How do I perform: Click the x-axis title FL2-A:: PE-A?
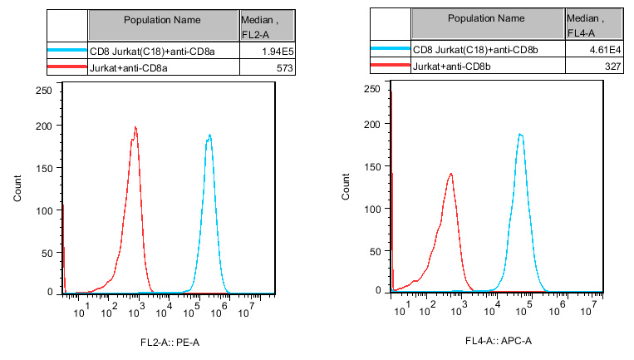(170, 343)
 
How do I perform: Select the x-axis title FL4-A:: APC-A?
(498, 341)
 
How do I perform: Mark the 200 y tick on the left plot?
(46, 126)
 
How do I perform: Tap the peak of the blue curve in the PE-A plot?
(209, 135)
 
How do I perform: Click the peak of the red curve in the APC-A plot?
(450, 174)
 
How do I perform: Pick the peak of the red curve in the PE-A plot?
(135, 127)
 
